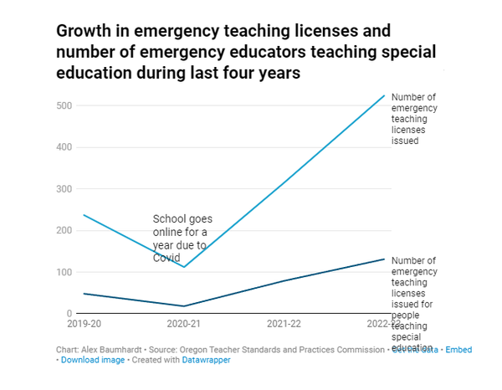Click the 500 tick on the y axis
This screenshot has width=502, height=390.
65,105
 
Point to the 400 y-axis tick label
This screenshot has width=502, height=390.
65,147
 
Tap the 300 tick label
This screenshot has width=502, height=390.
65,189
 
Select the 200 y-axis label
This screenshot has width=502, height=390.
65,230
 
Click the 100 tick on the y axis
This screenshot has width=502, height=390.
65,272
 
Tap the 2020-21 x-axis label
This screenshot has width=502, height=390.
184,323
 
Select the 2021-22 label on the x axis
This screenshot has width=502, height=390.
284,323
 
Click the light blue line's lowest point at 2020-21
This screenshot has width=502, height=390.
184,267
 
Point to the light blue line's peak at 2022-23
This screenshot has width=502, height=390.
384,95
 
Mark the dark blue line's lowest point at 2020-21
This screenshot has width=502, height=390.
184,306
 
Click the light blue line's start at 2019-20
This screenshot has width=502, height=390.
84,215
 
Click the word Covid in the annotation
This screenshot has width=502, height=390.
166,258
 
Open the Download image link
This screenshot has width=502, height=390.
93,360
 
